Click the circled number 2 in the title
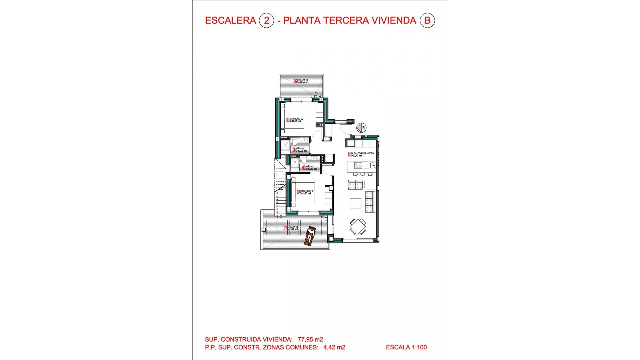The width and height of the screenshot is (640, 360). pos(266,21)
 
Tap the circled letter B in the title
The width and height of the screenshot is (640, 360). pos(427,21)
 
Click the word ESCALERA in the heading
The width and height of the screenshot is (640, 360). pos(230,21)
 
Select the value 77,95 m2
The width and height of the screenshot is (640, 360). pos(310,339)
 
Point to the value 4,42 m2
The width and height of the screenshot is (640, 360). pos(334,347)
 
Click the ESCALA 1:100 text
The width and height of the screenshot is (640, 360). pos(406,347)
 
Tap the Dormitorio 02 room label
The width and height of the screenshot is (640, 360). pos(295,120)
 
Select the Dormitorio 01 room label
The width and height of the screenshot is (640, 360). pos(306,192)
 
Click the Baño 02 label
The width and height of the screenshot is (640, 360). pos(299,150)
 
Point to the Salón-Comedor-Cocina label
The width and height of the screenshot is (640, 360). pos(361,154)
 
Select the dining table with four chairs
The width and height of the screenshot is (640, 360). pos(358,227)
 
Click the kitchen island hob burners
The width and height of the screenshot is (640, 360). pos(358,165)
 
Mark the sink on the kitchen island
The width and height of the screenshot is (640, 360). pos(372,165)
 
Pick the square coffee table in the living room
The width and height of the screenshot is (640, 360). pos(355,203)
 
